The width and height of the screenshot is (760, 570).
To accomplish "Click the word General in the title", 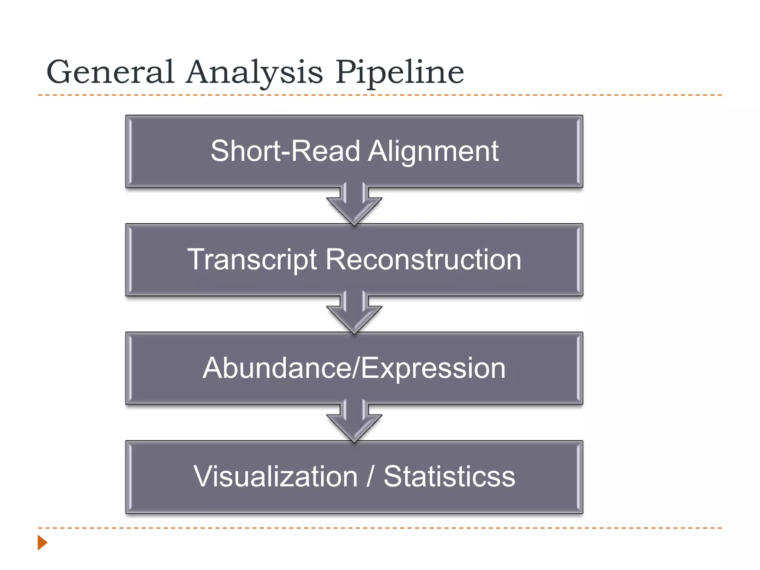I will (x=110, y=72).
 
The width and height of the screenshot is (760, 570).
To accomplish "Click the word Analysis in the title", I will (x=254, y=72).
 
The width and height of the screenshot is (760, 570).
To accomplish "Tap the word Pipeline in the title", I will (x=400, y=72).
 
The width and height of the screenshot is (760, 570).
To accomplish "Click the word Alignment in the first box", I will (x=433, y=151).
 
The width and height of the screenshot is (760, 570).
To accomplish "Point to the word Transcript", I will (x=252, y=260).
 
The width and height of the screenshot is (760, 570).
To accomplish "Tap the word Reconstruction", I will (x=423, y=260).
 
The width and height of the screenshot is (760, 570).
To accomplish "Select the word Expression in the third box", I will (x=433, y=368).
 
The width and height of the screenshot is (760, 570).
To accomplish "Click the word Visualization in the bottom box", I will (x=275, y=476).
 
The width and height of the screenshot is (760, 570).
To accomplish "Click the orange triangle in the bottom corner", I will (x=42, y=543).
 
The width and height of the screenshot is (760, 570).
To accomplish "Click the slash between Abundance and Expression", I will (x=356, y=368).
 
